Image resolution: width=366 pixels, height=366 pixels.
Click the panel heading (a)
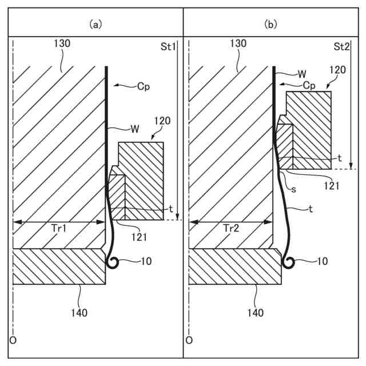click(95, 25)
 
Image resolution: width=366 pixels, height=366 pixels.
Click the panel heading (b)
click(270, 25)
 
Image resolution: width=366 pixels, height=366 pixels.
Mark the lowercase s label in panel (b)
click(294, 189)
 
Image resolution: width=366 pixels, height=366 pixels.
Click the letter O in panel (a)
click(13, 340)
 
